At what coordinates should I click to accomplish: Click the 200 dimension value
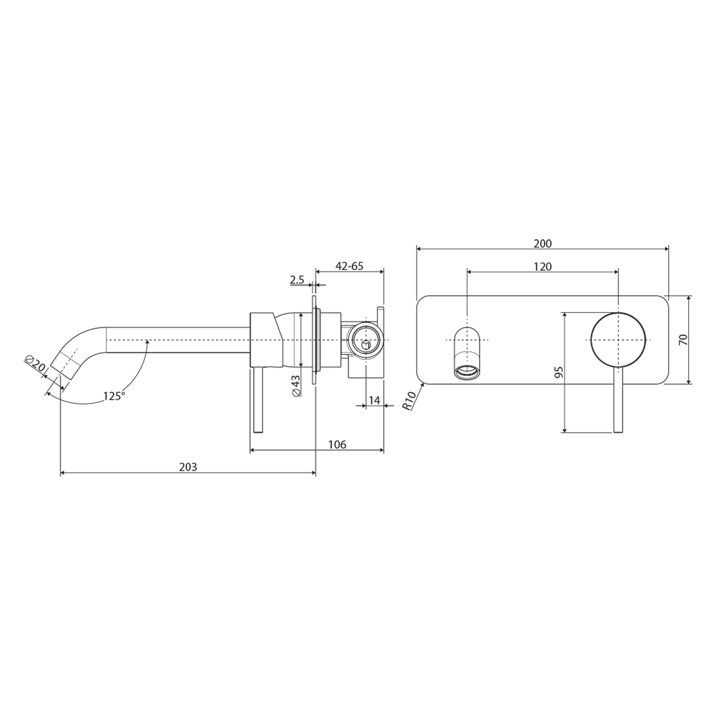(542, 244)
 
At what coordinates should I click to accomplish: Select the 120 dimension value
(542, 267)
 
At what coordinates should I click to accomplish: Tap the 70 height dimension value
(684, 339)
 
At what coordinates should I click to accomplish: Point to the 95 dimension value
(558, 373)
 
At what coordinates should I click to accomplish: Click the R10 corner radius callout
(409, 400)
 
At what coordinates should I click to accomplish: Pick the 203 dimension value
(188, 467)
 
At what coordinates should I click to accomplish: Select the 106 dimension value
(337, 445)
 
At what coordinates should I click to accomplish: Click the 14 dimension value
(375, 400)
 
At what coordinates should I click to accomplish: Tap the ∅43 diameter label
(296, 385)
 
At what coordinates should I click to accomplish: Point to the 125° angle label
(113, 396)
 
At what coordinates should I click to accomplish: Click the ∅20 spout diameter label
(35, 364)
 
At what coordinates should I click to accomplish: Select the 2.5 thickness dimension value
(297, 280)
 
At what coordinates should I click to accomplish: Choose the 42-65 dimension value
(349, 267)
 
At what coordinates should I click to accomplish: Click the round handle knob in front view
(618, 339)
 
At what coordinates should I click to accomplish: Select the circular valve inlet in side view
(364, 339)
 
